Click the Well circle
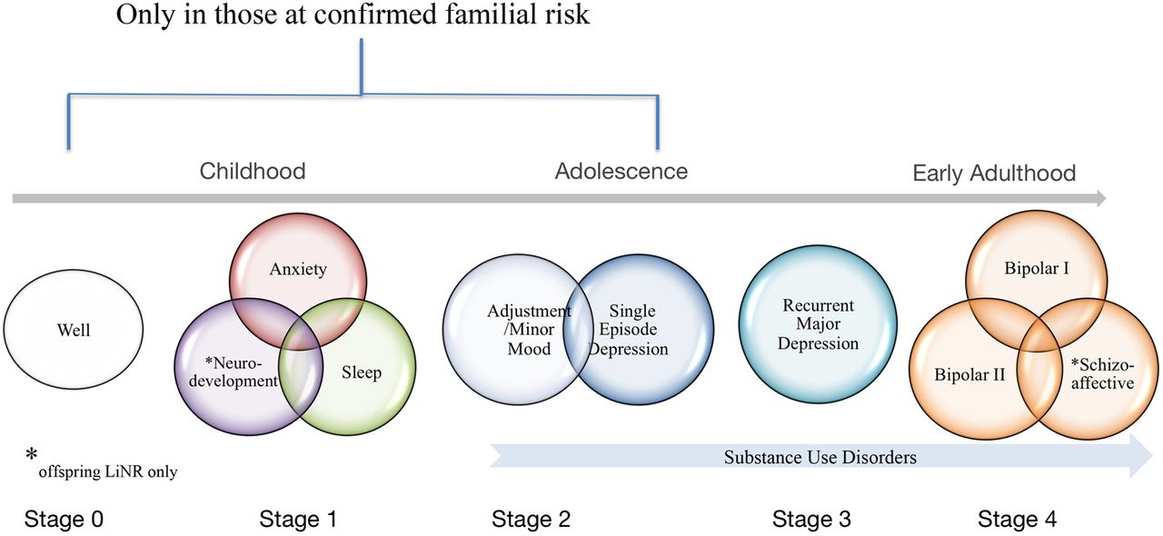coord(73,331)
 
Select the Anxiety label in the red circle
coord(298,270)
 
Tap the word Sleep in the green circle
coord(363,372)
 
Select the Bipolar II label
coord(969,373)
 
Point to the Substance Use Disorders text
coord(820,457)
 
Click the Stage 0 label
coord(64,520)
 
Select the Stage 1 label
coord(298,520)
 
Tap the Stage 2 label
coord(532,520)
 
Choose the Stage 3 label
coord(811,520)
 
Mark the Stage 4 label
coord(1018,520)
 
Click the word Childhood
coord(253,171)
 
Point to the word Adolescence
coord(621,171)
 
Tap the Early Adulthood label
coord(994,173)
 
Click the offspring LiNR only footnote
coord(106,471)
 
